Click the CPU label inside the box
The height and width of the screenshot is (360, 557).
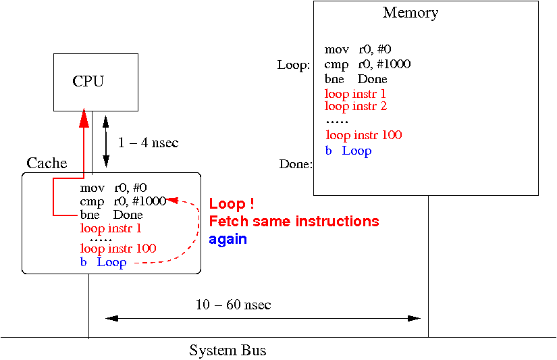point(88,82)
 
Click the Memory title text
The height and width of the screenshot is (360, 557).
point(410,12)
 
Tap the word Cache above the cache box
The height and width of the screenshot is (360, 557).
point(47,163)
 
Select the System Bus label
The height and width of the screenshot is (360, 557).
point(228,351)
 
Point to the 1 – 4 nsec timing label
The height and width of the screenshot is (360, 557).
point(148,143)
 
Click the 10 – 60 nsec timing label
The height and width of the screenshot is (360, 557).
point(234,305)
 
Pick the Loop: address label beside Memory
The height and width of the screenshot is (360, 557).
point(294,66)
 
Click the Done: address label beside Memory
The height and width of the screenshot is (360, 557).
point(296,164)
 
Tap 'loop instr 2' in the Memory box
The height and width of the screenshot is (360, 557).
point(356,106)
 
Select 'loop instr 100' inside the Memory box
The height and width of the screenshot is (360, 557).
point(363,135)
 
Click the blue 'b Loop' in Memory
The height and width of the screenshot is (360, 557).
point(348,150)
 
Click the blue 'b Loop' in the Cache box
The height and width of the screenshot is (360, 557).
point(103,262)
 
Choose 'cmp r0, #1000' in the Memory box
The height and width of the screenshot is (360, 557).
point(367,64)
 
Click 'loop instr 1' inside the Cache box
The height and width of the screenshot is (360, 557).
point(111,228)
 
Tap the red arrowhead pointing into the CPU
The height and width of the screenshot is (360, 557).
point(84,119)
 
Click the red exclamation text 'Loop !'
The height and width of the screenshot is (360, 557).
point(232,204)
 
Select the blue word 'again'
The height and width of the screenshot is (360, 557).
point(228,239)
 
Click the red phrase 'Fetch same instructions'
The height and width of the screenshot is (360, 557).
point(294,222)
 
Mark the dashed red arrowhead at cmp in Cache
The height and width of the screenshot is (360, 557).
point(171,201)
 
